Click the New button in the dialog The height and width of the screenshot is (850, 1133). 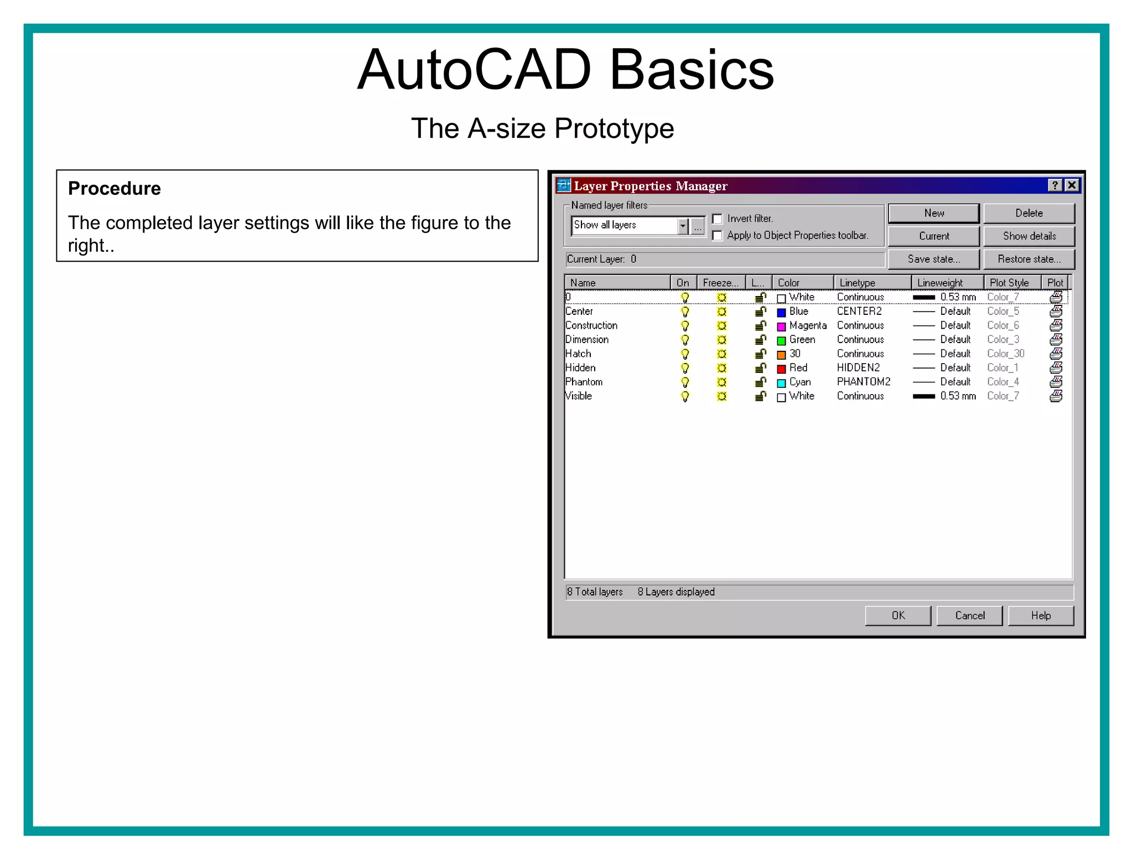tap(933, 213)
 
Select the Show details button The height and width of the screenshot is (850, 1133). tap(1029, 236)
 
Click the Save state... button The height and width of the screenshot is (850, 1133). tap(933, 259)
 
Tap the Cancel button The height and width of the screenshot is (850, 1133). tap(969, 615)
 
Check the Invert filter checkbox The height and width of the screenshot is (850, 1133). tap(718, 219)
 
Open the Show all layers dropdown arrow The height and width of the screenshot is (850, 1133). tap(683, 226)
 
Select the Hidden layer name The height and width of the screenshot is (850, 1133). tap(580, 368)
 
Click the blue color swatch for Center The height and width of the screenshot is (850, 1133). tap(781, 313)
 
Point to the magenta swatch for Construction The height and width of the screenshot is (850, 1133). tap(781, 326)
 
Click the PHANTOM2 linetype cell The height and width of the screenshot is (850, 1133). tap(863, 382)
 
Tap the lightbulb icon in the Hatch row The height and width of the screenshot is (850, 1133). tap(685, 354)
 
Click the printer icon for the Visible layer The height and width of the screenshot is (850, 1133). tap(1056, 396)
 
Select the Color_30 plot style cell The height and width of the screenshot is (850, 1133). tap(1005, 354)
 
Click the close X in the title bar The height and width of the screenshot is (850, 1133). tap(1072, 185)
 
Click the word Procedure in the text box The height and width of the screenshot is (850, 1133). tap(115, 189)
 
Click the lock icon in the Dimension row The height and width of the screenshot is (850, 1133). tap(761, 340)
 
